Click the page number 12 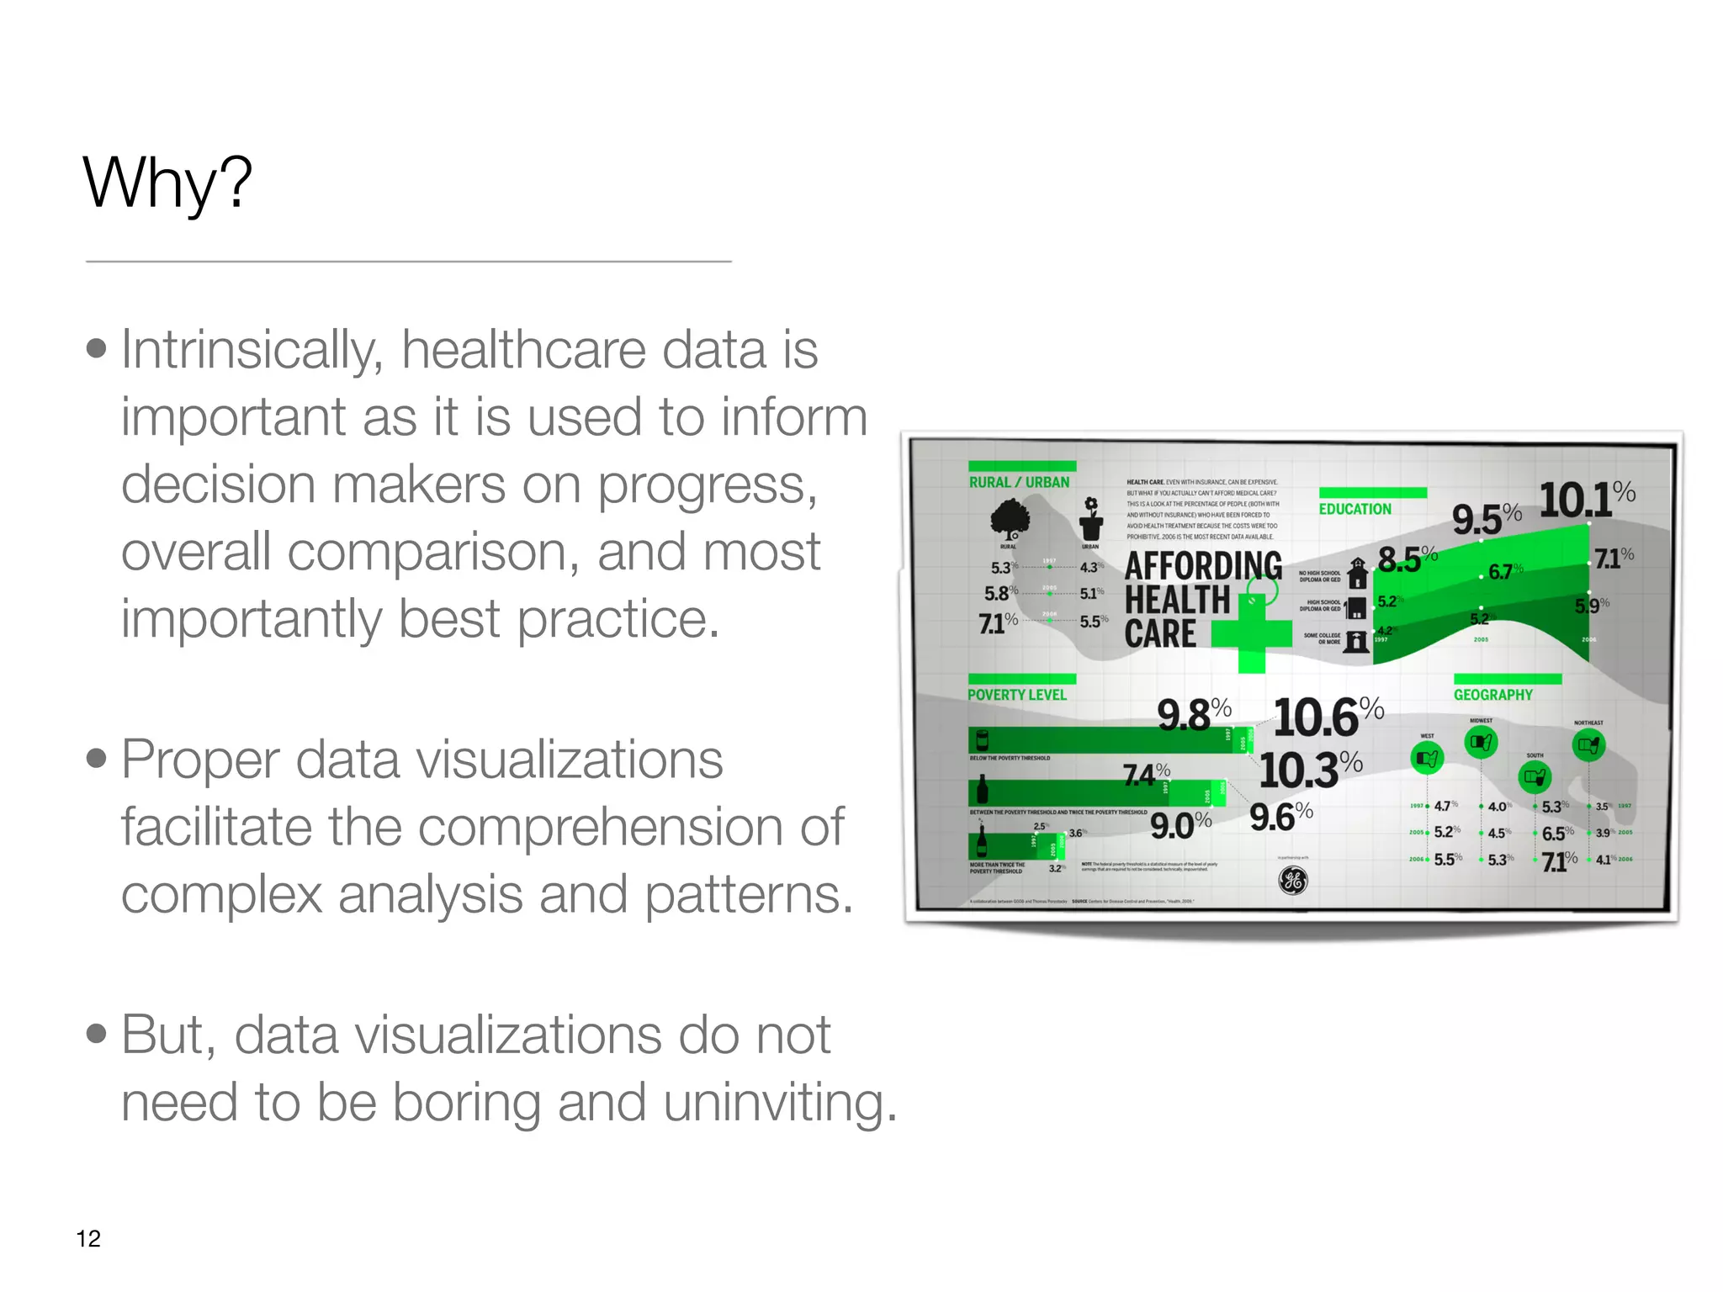coord(88,1238)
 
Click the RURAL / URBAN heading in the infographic coord(1019,482)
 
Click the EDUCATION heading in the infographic coord(1355,509)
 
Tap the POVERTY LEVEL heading coord(1016,695)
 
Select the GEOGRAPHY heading coord(1492,695)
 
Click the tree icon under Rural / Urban coord(1010,517)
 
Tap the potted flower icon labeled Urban coord(1091,518)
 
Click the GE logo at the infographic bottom coord(1293,880)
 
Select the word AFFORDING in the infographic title coord(1203,566)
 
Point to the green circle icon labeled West coord(1427,759)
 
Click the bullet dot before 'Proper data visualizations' coord(97,759)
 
